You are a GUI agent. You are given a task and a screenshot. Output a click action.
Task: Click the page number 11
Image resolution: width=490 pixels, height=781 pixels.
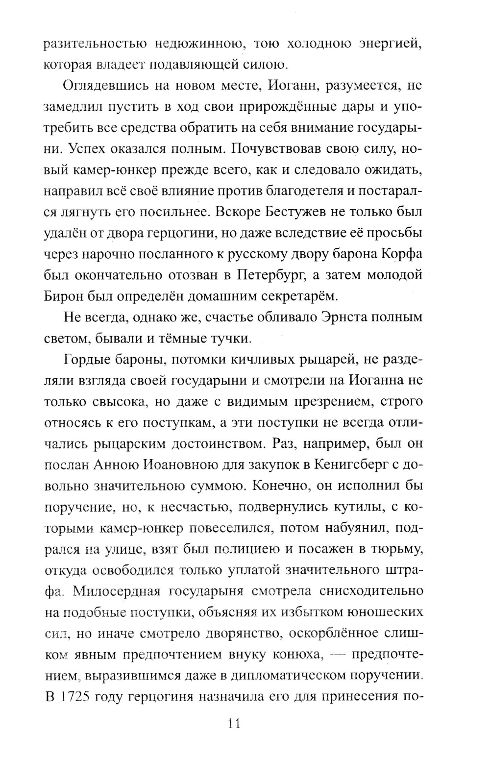pos(234,724)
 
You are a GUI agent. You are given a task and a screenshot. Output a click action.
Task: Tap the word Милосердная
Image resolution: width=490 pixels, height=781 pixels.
pos(116,591)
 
